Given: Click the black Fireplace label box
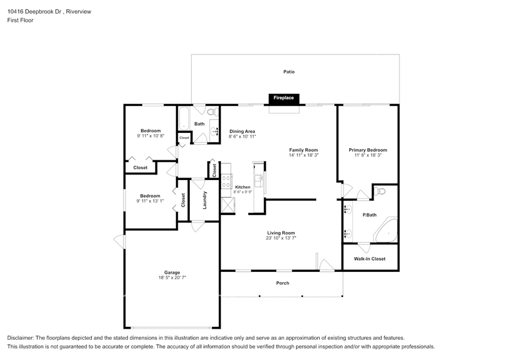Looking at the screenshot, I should [283, 98].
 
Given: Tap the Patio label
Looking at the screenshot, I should [288, 72].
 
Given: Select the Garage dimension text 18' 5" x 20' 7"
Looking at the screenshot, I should [172, 277].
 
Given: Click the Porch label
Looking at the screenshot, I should [282, 283].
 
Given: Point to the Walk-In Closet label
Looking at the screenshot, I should [370, 258].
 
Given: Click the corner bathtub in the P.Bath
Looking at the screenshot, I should [387, 230].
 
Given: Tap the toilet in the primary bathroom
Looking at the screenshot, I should [380, 192].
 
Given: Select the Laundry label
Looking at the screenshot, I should [205, 200].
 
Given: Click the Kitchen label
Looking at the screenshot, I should [243, 187].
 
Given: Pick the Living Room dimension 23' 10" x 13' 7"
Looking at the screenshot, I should [281, 238].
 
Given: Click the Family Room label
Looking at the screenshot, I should [303, 150].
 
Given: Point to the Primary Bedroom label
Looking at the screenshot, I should [368, 150].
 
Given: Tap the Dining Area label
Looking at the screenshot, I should [242, 131].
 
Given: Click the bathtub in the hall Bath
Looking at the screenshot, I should [184, 118].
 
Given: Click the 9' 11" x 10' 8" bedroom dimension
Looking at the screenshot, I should [151, 136].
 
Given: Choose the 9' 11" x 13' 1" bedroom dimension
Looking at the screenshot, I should [151, 201].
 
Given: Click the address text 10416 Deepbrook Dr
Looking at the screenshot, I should [34, 11].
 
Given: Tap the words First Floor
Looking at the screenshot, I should [20, 20].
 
